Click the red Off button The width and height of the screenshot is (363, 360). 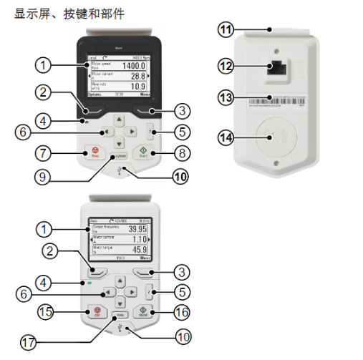94,312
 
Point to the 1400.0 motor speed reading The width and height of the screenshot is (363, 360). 133,66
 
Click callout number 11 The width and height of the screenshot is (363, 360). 226,30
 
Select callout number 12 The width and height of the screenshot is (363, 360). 226,67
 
